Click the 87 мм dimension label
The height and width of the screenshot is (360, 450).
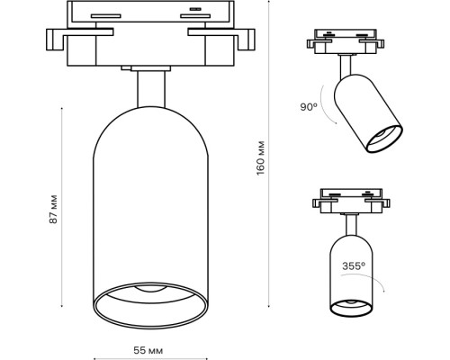[x=53, y=208]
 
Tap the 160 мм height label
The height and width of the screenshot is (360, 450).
[x=261, y=159]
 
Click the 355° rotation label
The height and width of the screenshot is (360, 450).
[x=353, y=265]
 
